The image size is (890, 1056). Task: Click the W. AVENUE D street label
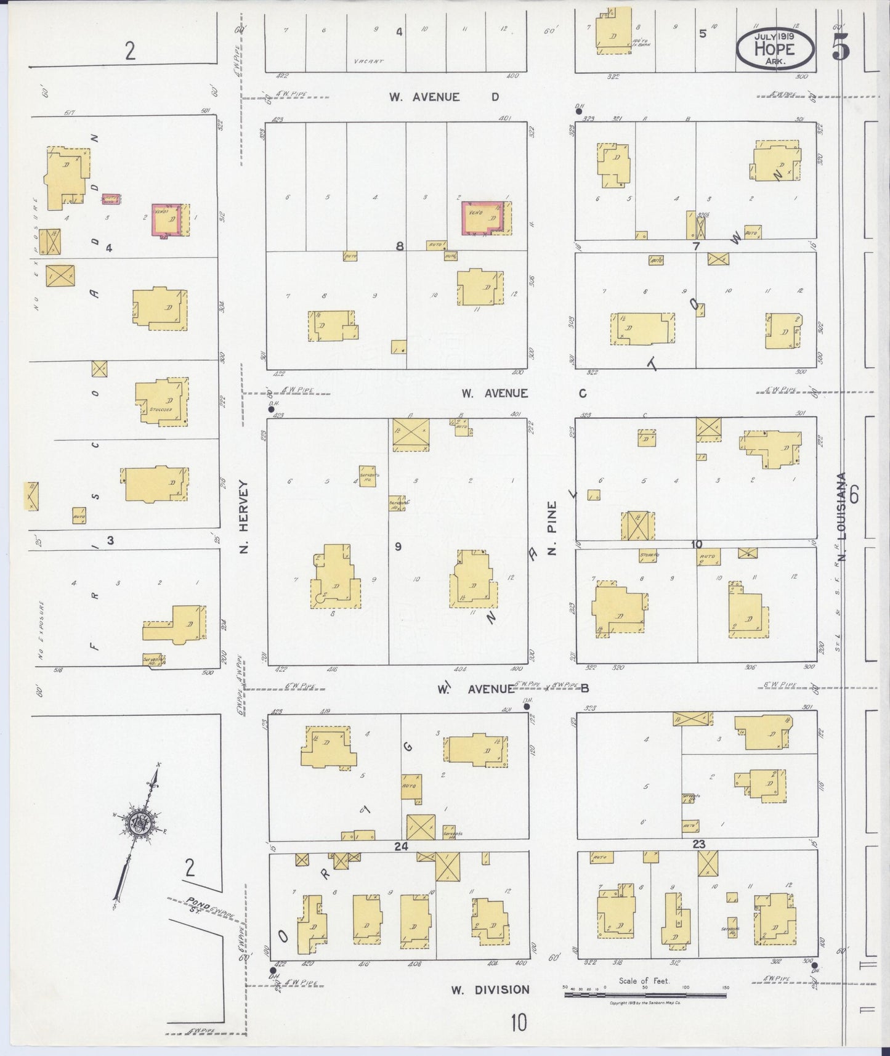click(443, 97)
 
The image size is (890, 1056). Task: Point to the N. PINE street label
click(552, 528)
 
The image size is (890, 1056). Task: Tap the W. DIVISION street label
click(490, 990)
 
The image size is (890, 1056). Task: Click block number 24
click(401, 847)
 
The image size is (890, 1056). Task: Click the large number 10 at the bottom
click(518, 1023)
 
